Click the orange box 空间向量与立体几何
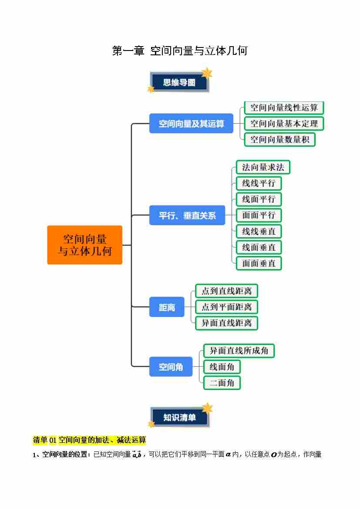click(84, 245)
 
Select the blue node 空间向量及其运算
click(191, 124)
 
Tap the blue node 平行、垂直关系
click(187, 215)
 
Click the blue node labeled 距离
click(167, 307)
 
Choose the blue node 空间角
click(171, 367)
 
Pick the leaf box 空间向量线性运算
click(284, 108)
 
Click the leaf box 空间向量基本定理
click(284, 124)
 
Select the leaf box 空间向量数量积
click(279, 140)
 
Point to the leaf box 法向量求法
click(263, 167)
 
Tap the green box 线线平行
click(259, 183)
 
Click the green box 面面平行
click(259, 215)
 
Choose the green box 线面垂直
click(259, 247)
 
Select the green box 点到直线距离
click(226, 291)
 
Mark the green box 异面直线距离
click(226, 323)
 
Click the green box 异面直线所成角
click(239, 351)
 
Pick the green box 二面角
click(222, 383)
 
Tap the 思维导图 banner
click(179, 82)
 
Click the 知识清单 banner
click(179, 417)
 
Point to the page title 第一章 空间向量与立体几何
click(180, 51)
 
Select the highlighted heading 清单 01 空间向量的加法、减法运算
click(89, 440)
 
